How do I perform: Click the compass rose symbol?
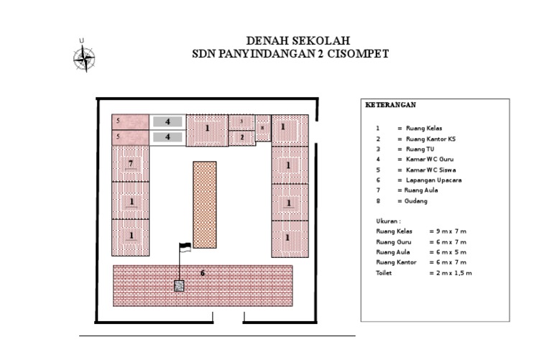tap(84, 58)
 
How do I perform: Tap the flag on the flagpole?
tap(185, 247)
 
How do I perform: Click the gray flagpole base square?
tap(179, 286)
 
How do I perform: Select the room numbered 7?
tap(130, 164)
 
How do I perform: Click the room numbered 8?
tap(262, 128)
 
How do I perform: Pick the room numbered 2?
tap(241, 138)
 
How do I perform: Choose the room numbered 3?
tap(241, 122)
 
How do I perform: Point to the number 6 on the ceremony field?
tap(203, 273)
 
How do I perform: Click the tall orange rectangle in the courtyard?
tap(205, 205)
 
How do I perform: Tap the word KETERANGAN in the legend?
tap(390, 105)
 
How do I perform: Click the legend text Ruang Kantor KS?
tap(431, 139)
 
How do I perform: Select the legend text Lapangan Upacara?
tap(433, 180)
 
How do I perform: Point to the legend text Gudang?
tap(415, 201)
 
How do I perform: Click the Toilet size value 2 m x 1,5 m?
tap(454, 273)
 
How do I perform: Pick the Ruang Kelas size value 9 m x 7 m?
tap(451, 231)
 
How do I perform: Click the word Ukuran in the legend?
tap(387, 221)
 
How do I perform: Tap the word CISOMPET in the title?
tap(358, 54)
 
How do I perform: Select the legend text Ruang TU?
tap(420, 149)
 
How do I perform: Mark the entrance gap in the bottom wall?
tap(228, 322)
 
